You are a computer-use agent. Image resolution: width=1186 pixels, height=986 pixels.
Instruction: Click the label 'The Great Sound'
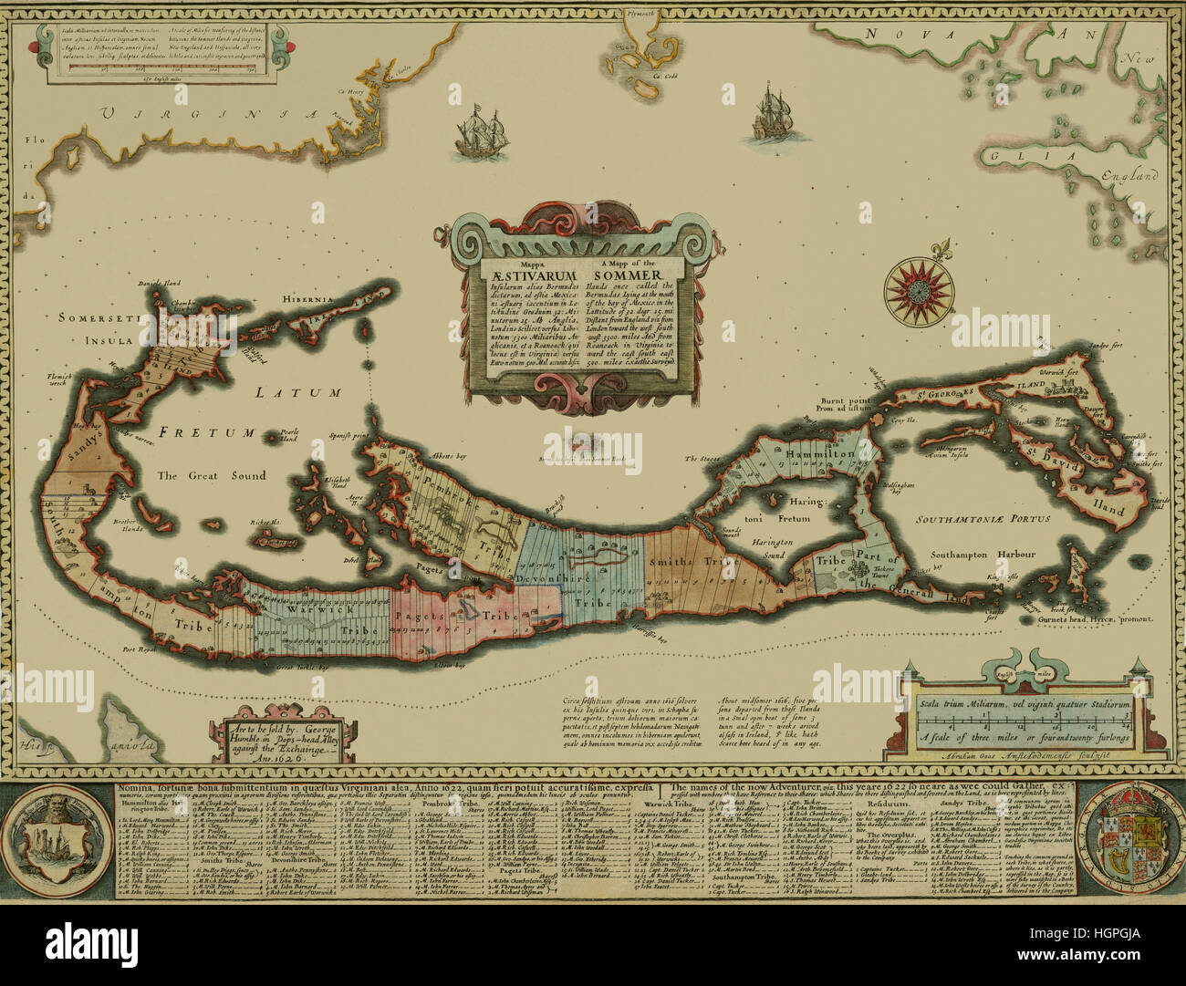tap(211, 475)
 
